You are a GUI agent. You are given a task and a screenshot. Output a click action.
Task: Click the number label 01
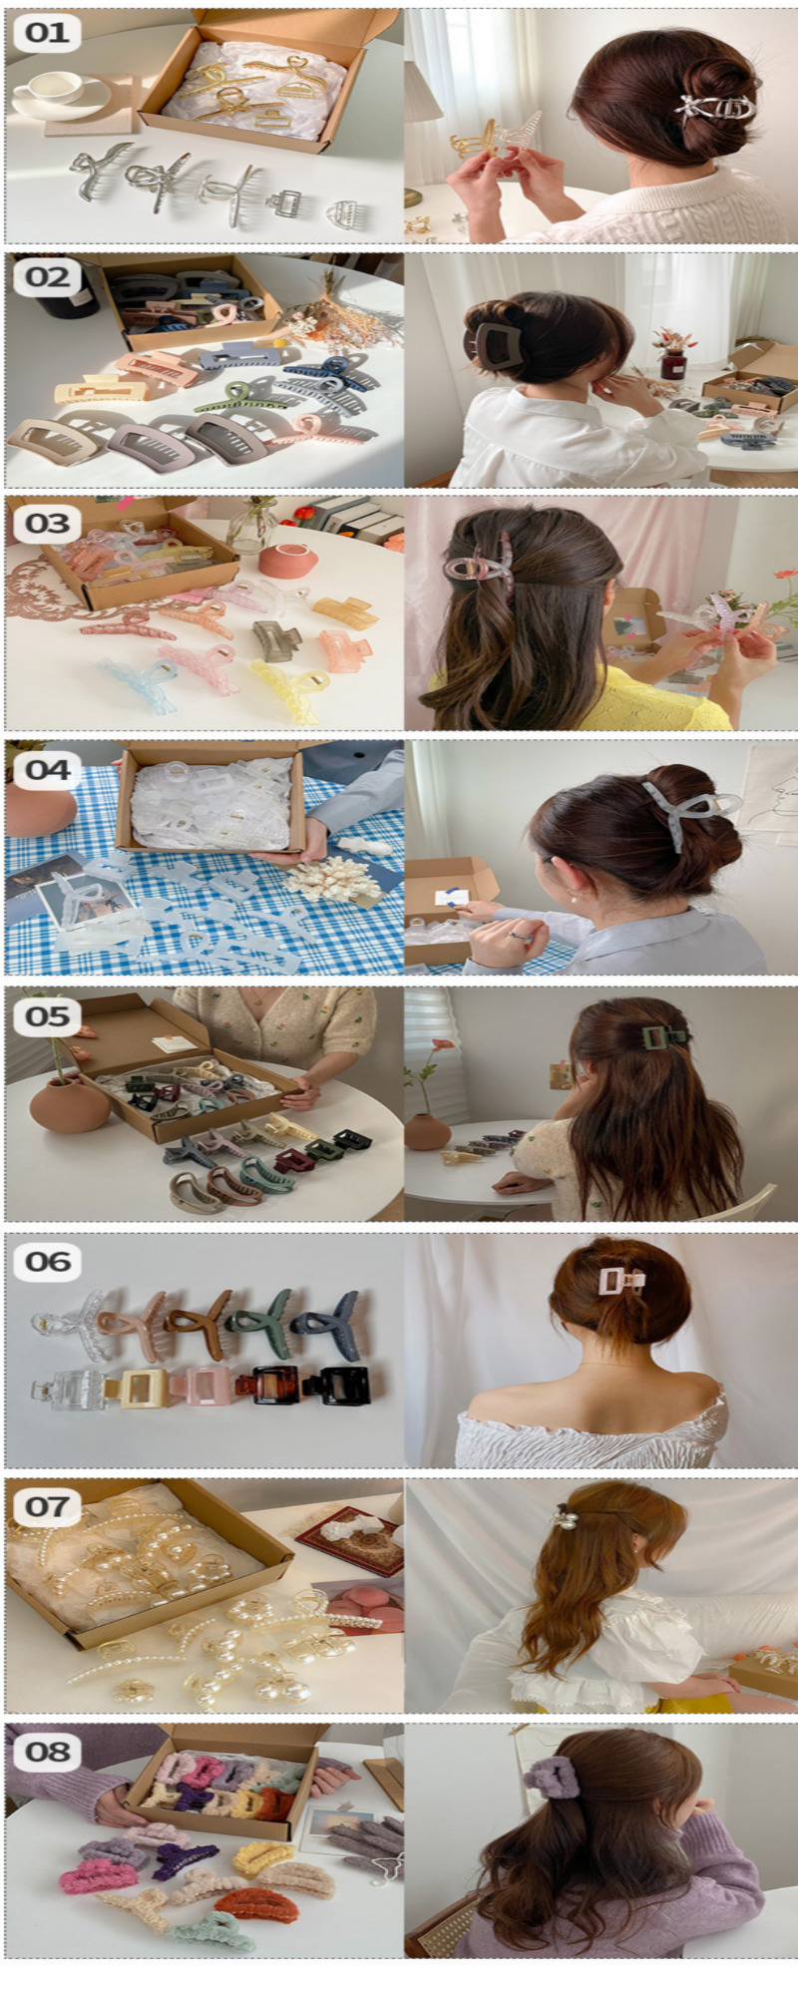tap(46, 33)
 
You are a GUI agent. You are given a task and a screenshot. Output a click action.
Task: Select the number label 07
tap(47, 1505)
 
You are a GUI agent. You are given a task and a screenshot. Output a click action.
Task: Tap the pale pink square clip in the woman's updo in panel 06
tap(620, 1281)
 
